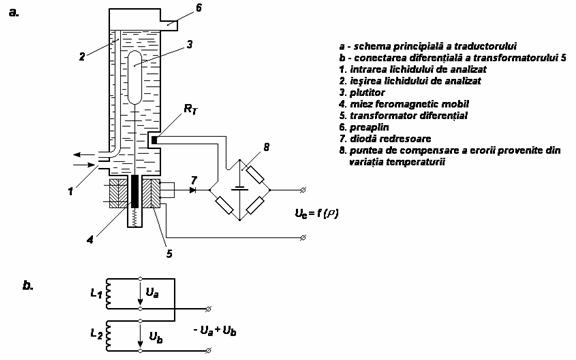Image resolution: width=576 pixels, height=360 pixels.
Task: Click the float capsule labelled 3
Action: click(134, 78)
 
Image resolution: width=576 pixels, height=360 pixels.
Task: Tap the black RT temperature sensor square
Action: click(154, 140)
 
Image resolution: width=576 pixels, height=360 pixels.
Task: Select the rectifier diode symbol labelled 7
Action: click(192, 190)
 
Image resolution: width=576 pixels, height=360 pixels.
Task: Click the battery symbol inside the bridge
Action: click(240, 188)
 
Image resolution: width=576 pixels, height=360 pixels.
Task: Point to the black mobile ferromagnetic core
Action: click(135, 191)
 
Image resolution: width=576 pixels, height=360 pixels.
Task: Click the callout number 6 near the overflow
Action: click(198, 8)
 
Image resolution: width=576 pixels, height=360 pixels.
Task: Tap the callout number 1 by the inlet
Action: click(70, 191)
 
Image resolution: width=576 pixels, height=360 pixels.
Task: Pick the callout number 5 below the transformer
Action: click(169, 253)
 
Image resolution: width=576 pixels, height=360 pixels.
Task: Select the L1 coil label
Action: click(96, 293)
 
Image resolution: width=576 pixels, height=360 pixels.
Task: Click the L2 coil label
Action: click(97, 334)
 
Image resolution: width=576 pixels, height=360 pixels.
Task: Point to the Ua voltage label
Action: click(152, 293)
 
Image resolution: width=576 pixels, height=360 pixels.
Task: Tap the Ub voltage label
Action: click(156, 337)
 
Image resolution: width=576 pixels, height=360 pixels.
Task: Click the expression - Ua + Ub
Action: click(215, 331)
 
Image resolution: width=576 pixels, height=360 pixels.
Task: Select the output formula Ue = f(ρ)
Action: click(317, 213)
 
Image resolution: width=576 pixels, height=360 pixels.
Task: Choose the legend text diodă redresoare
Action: click(390, 138)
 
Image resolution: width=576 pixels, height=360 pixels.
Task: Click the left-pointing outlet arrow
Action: click(84, 154)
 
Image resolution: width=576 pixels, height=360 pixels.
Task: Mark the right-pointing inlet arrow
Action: click(84, 165)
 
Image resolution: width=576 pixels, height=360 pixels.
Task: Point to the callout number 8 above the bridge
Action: click(266, 147)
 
